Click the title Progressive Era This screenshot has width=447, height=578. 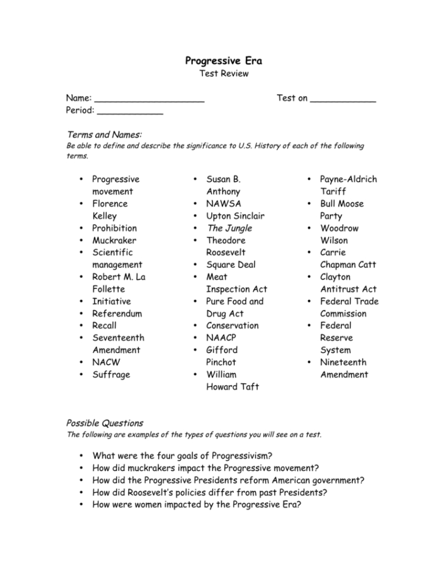click(223, 61)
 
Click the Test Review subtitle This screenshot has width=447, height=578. click(223, 74)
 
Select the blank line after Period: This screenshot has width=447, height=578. click(130, 112)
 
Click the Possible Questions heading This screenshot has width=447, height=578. click(104, 423)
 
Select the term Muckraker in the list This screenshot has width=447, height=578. click(114, 240)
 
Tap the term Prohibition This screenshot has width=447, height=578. click(114, 228)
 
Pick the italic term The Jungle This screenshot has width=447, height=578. click(229, 228)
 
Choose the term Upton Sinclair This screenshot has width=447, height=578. click(235, 216)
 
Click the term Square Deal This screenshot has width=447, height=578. click(230, 265)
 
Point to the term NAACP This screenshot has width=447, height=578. click(222, 338)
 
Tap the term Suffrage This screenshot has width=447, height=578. click(110, 374)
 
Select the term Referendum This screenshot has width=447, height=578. click(117, 313)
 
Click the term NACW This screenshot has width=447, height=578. click(106, 362)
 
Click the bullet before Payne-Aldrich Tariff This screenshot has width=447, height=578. click(309, 179)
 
